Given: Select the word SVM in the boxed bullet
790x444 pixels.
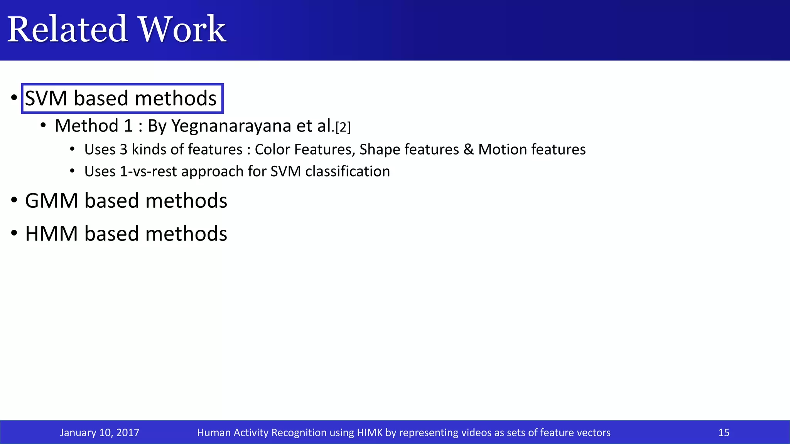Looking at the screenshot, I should (x=46, y=99).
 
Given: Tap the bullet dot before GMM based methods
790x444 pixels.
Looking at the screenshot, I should (x=14, y=200).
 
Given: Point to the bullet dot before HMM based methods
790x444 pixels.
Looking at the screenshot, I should (x=14, y=234).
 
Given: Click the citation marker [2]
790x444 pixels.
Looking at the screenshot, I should (x=343, y=127).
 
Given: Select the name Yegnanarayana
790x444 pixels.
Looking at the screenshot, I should (x=231, y=126).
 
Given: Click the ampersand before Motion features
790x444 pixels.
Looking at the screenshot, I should (x=468, y=150).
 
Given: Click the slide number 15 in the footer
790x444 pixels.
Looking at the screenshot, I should (x=724, y=432).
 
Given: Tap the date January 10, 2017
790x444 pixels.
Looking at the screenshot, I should (x=100, y=432).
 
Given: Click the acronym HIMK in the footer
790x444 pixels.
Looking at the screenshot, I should (x=370, y=432).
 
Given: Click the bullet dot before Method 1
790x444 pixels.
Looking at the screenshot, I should (x=43, y=125).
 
